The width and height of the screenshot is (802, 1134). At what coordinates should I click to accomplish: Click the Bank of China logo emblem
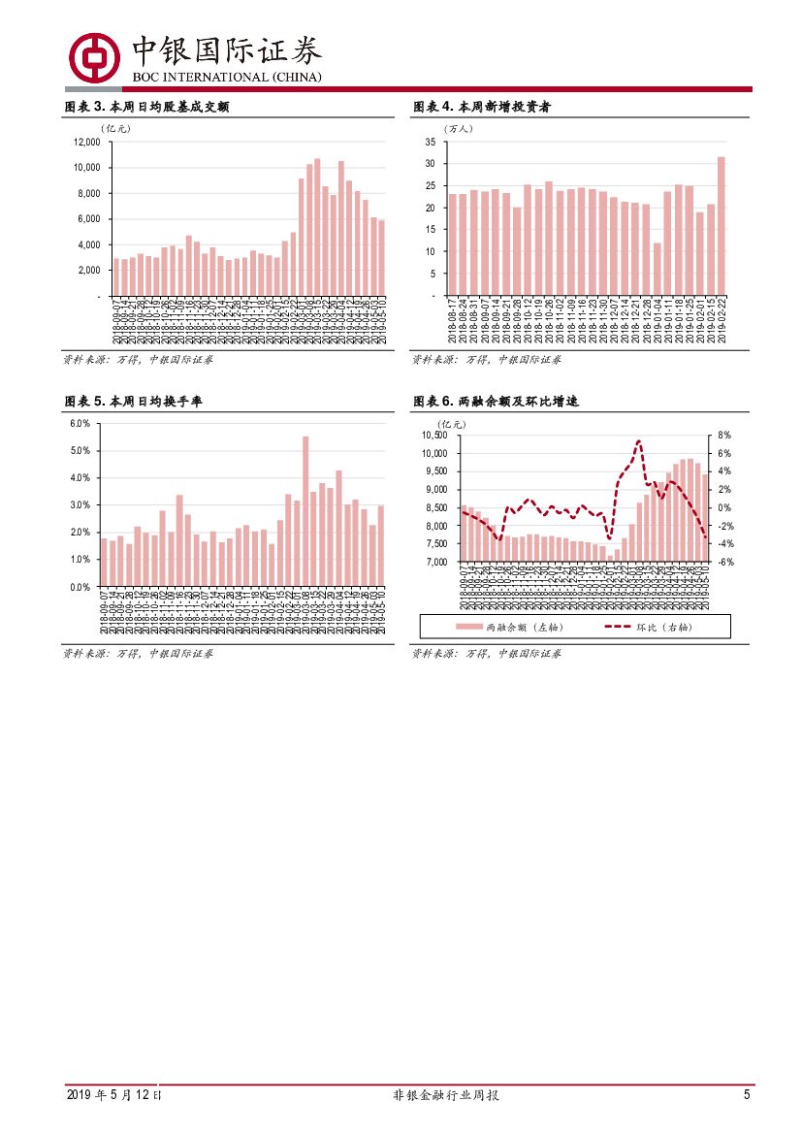(94, 57)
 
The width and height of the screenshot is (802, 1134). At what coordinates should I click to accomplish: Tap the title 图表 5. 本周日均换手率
(134, 402)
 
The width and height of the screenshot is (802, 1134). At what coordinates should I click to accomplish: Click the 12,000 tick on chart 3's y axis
(87, 142)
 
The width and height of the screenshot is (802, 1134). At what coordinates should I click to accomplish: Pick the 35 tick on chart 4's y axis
(430, 142)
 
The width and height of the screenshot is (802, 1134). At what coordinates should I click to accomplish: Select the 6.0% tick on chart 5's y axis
(80, 424)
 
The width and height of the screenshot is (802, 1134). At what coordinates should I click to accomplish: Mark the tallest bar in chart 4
(721, 225)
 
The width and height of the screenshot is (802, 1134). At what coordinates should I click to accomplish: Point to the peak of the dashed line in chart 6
(638, 441)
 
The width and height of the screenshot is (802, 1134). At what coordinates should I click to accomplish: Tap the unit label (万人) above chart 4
(457, 127)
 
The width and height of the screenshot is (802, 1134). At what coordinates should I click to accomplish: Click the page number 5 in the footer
(747, 1095)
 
